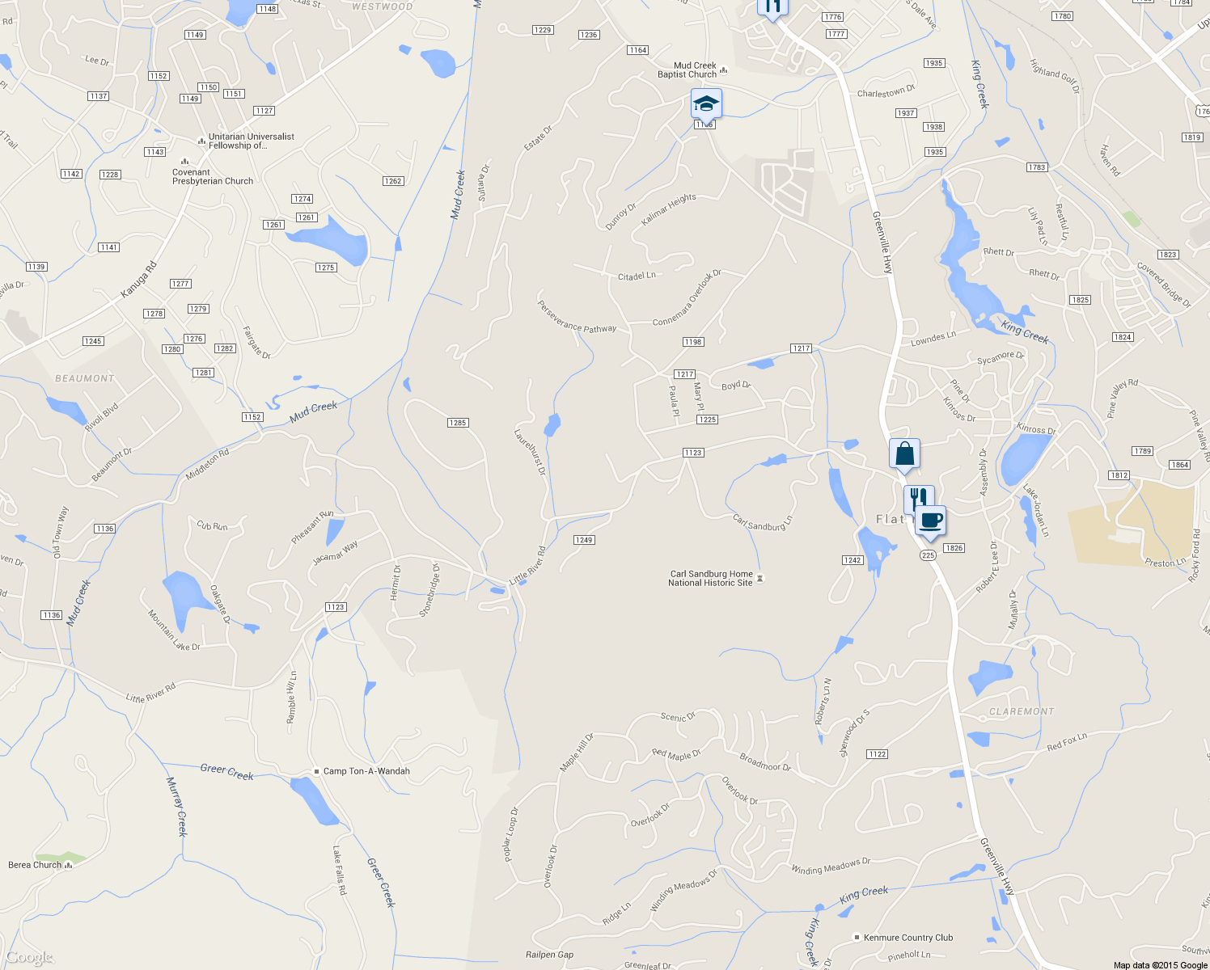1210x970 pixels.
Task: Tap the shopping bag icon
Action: click(x=904, y=454)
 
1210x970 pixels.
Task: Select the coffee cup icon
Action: click(x=931, y=521)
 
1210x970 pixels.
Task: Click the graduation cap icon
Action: click(x=706, y=104)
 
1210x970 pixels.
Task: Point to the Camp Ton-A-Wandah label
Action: click(x=366, y=771)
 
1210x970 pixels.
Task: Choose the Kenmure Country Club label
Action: click(x=907, y=938)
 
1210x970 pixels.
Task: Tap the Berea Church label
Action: click(x=35, y=865)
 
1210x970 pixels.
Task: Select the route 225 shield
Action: click(x=928, y=555)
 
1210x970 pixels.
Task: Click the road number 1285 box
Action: click(x=458, y=423)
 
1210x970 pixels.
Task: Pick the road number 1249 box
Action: click(x=584, y=540)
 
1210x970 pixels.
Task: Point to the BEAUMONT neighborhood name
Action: click(x=85, y=378)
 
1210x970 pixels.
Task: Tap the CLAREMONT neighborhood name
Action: click(x=1022, y=711)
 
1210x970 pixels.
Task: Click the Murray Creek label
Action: click(x=177, y=806)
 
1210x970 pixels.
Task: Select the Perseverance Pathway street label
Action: click(x=577, y=317)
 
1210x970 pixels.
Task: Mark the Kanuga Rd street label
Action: click(x=139, y=280)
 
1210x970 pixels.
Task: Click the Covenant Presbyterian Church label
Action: click(x=212, y=177)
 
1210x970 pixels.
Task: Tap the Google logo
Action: click(x=30, y=958)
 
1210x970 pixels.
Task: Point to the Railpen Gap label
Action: click(x=549, y=955)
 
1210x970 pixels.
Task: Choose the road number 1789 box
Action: click(x=1143, y=451)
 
